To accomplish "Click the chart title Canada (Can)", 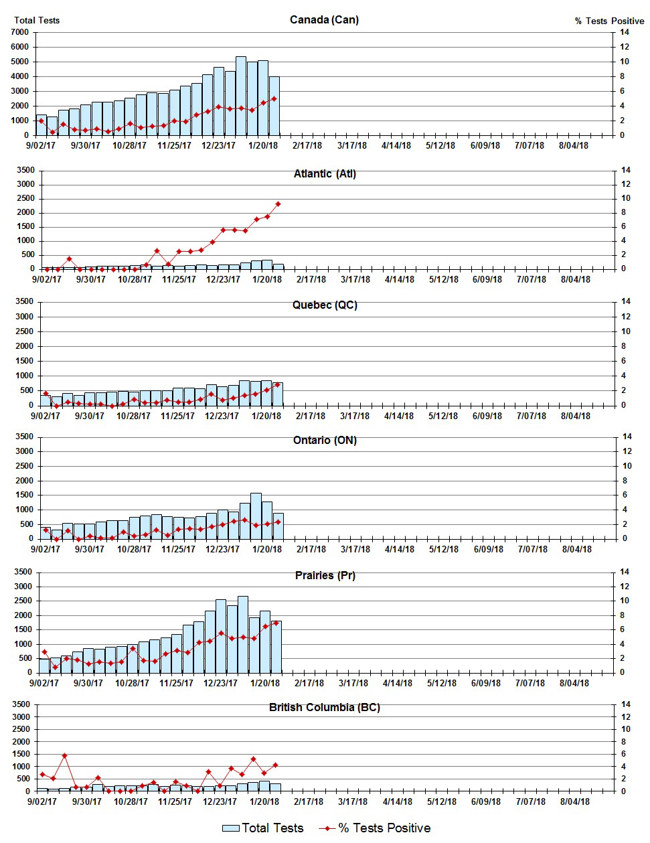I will point(324,19).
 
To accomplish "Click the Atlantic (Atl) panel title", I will point(325,174).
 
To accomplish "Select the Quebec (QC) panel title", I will point(325,305).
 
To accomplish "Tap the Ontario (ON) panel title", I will point(325,441).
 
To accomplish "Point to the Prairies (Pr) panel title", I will point(325,576).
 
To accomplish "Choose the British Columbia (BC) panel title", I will point(325,708).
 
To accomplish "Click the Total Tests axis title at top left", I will point(37,20).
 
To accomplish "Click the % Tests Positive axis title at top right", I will point(609,21).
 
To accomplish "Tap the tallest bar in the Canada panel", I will point(241,96).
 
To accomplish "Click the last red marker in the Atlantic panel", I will point(278,204).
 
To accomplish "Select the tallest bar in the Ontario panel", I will point(256,516).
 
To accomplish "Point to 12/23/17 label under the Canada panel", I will point(219,145).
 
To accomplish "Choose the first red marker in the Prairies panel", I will point(44,652).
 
